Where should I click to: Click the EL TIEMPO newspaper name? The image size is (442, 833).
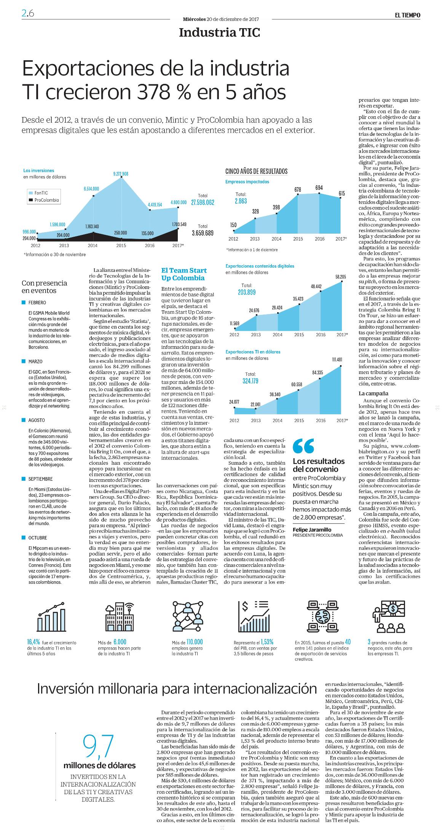pyautogui.click(x=407, y=15)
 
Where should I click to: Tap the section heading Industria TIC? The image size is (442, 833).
pyautogui.click(x=219, y=33)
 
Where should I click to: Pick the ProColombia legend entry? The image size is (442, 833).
pyautogui.click(x=43, y=200)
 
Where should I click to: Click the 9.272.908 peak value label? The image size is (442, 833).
pyautogui.click(x=121, y=174)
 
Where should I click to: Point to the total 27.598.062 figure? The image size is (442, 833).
pyautogui.click(x=203, y=202)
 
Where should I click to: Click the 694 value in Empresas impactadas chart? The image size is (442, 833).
pyautogui.click(x=319, y=188)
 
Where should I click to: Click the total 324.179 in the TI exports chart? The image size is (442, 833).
pyautogui.click(x=251, y=380)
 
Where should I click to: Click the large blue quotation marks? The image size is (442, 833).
pyautogui.click(x=303, y=446)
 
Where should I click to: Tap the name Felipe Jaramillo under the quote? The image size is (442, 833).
pyautogui.click(x=312, y=530)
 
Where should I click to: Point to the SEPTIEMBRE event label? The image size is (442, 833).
pyautogui.click(x=40, y=479)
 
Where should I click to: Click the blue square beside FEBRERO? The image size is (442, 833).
pyautogui.click(x=24, y=302)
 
